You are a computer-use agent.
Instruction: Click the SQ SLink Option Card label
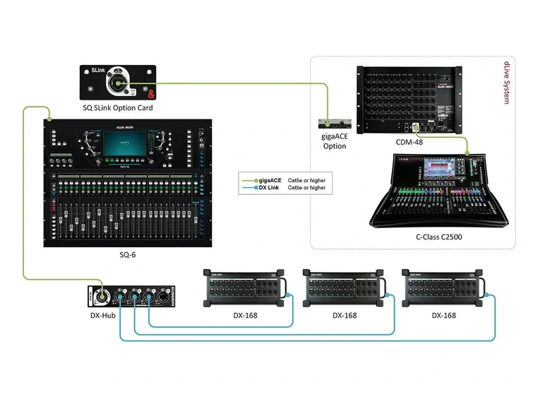pyautogui.click(x=117, y=108)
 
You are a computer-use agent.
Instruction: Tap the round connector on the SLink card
pyautogui.click(x=119, y=84)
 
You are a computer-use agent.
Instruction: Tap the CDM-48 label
pyautogui.click(x=410, y=143)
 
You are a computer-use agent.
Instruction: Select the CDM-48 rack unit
pyautogui.click(x=410, y=99)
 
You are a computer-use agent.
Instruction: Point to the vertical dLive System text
pyautogui.click(x=506, y=83)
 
